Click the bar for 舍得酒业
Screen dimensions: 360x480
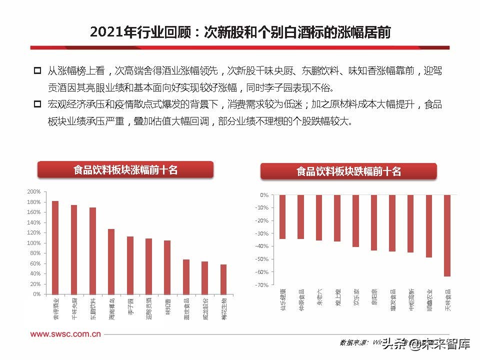pos(55,247)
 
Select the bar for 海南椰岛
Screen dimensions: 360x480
pos(111,261)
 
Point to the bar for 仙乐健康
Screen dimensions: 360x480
pos(282,217)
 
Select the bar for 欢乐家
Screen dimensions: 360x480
pos(355,221)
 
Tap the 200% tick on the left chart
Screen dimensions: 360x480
pos(33,191)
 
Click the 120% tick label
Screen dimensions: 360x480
pos(33,232)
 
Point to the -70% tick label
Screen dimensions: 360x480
pos(261,285)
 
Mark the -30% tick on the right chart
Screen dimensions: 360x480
pos(261,233)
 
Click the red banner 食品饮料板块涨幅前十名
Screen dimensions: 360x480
pos(125,170)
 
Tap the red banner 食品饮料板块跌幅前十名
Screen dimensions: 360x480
pos(348,171)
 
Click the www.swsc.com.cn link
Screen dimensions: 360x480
pos(65,334)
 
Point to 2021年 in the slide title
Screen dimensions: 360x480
pos(112,32)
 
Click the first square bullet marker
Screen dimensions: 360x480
pos(37,71)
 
